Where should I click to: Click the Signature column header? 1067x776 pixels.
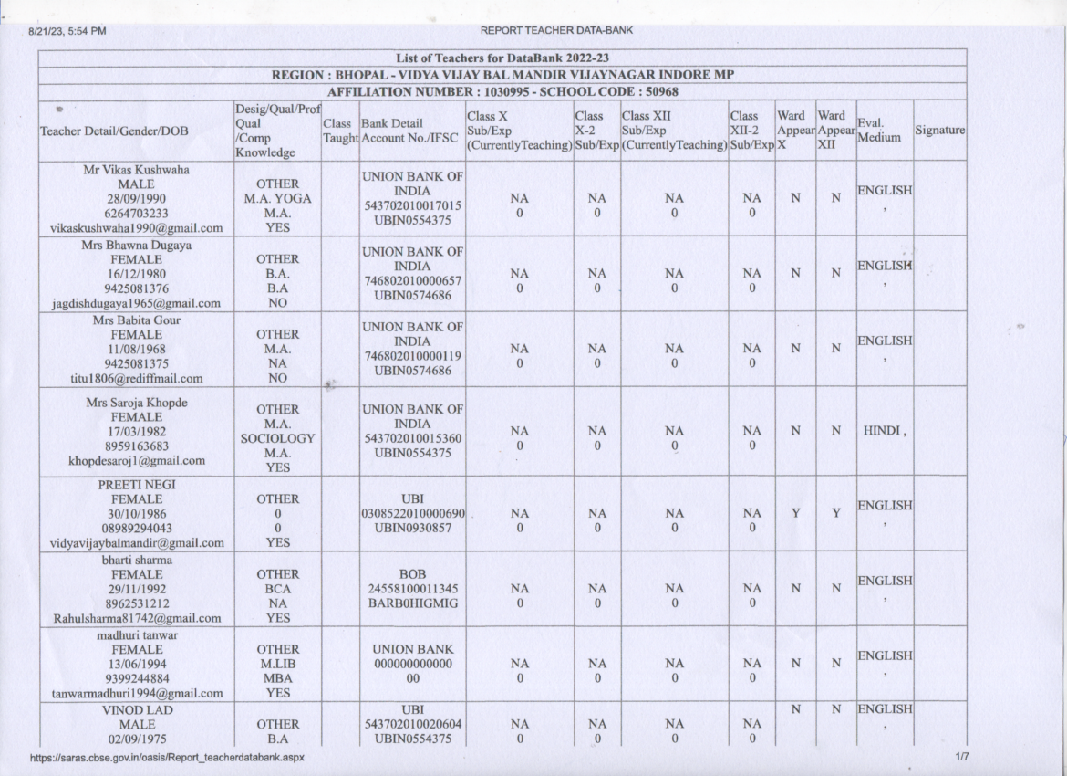coord(939,131)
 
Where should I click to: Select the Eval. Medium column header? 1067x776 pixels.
coord(878,131)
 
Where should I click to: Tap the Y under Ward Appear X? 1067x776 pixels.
coord(795,513)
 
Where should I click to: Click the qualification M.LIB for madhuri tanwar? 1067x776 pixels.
coord(276,663)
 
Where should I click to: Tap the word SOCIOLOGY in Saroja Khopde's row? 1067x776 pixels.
coord(276,438)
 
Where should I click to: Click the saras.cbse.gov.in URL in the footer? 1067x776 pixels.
coord(167,758)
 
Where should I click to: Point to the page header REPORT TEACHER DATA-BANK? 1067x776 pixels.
coord(556,31)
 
